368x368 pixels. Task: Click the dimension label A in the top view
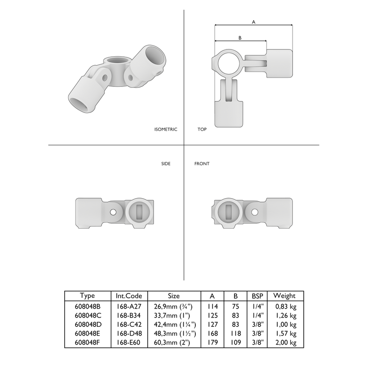(x=253, y=22)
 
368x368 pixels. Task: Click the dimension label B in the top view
(x=239, y=38)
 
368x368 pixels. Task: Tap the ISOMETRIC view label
(x=165, y=130)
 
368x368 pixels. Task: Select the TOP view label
(x=202, y=130)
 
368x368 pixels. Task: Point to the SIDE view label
(x=166, y=164)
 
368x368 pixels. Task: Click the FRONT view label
(x=202, y=164)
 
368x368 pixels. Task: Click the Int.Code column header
(x=129, y=296)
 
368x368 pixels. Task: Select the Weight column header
(x=284, y=296)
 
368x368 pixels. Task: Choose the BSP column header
(x=257, y=296)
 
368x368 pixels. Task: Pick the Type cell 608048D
(x=87, y=324)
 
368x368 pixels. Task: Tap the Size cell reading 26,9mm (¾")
(x=174, y=307)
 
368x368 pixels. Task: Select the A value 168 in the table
(x=212, y=333)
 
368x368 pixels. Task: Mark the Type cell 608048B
(x=87, y=307)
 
